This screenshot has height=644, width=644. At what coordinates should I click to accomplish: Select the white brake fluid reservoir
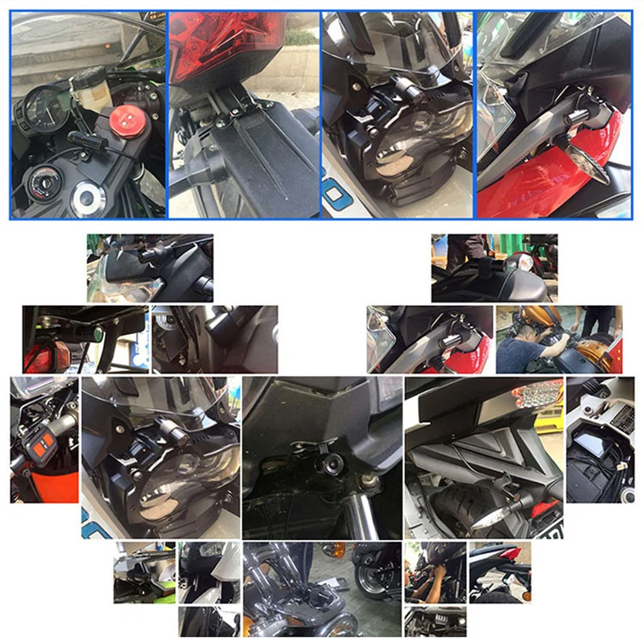point(91,89)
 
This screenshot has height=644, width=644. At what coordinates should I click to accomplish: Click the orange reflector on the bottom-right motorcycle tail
point(525,596)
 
